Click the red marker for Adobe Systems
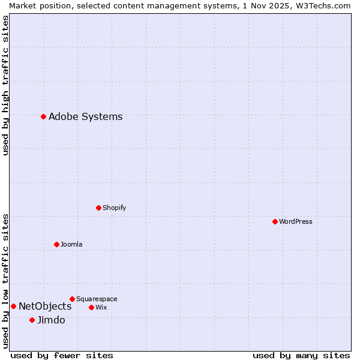(43, 116)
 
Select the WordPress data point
(275, 221)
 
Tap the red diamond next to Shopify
(98, 208)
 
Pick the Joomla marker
(56, 244)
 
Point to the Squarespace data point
(72, 299)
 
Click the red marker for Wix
(91, 307)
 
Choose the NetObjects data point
(13, 306)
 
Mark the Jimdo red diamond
(32, 320)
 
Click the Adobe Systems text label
(85, 117)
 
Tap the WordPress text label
(295, 221)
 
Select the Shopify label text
(114, 208)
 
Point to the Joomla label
(71, 244)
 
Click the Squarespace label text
(97, 299)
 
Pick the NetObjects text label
(45, 307)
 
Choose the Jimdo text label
(51, 320)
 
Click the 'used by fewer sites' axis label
(62, 355)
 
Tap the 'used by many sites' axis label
(301, 355)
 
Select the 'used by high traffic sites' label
(6, 85)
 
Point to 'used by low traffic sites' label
(6, 280)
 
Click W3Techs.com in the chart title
(323, 5)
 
